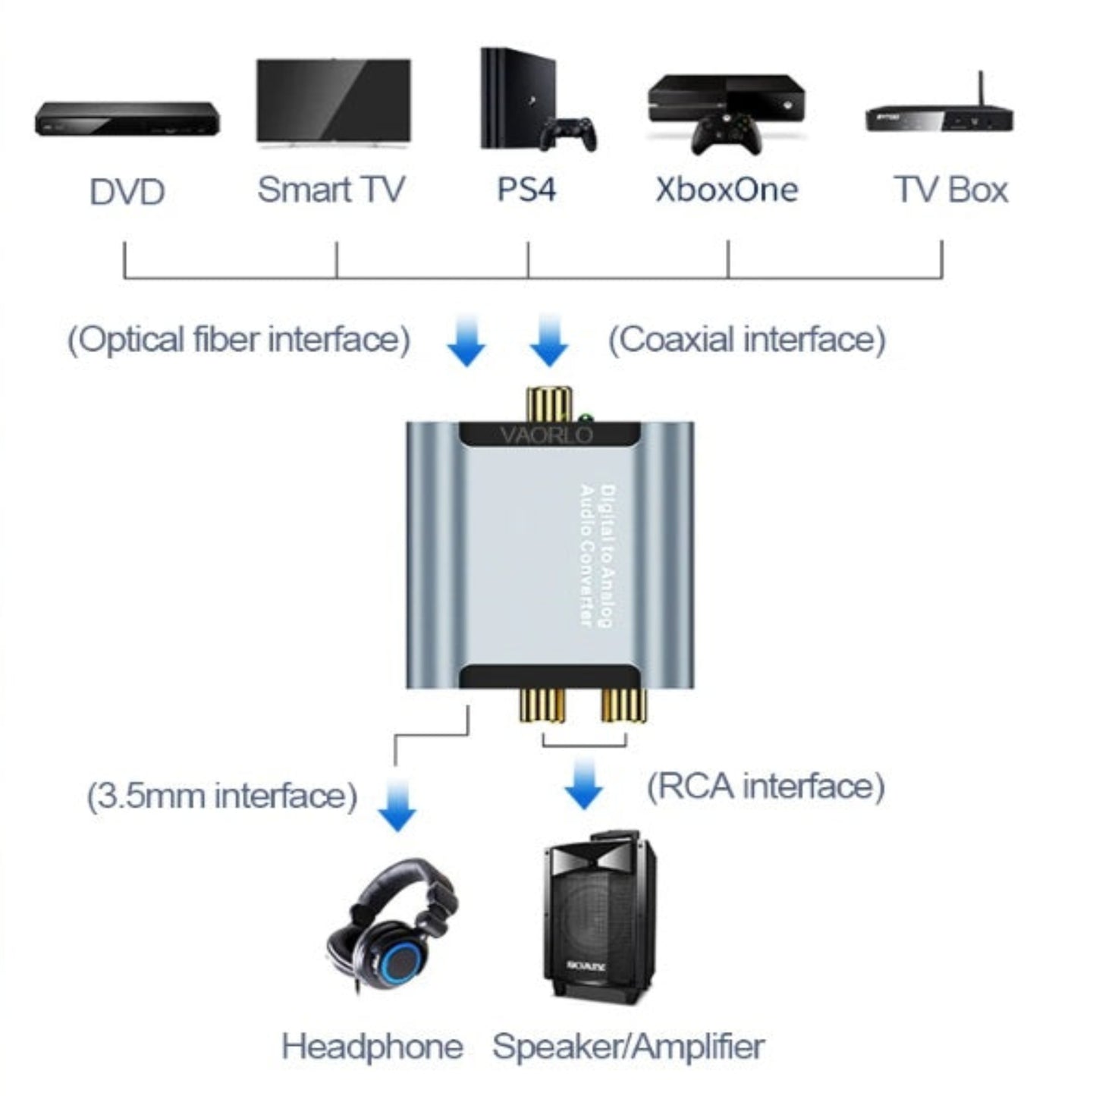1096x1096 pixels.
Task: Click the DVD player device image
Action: pos(127,120)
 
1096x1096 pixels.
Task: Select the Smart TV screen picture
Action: pos(334,100)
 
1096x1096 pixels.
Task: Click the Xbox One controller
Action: pos(730,133)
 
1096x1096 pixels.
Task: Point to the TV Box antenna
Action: pos(980,90)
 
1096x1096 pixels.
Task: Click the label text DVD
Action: pos(127,192)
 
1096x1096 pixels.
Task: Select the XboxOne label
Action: pos(727,190)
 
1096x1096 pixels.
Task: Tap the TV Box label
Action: pos(951,190)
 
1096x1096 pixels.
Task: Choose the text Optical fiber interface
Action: pos(239,339)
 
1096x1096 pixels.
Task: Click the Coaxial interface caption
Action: pos(747,339)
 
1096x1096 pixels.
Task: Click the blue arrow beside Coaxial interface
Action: pos(548,341)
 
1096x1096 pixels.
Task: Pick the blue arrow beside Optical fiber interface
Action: pos(466,341)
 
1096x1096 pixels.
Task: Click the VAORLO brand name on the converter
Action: pos(546,435)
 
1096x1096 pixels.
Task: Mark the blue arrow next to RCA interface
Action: pos(583,785)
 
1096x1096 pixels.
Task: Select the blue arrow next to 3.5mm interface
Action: pos(397,806)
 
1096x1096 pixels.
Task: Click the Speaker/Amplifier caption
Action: pos(628,1047)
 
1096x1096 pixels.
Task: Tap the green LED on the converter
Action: pos(585,418)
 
